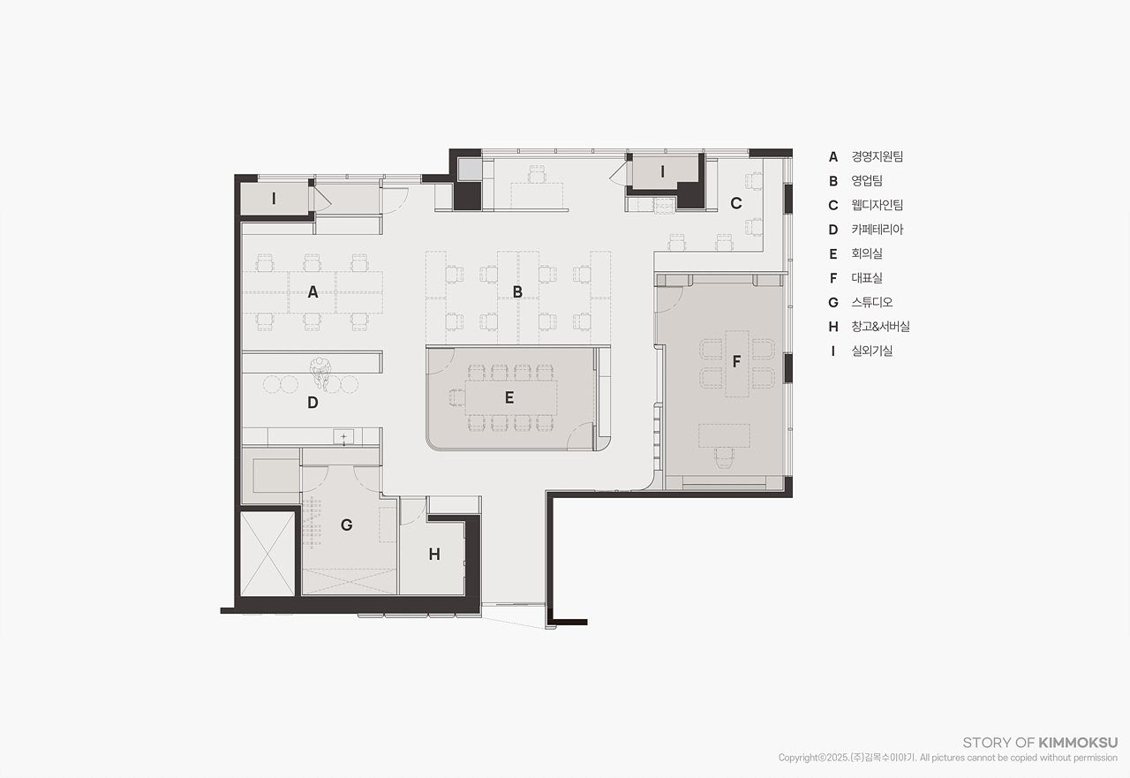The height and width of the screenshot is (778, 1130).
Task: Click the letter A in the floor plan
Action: [x=313, y=292]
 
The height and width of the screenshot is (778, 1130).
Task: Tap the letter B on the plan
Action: [x=517, y=292]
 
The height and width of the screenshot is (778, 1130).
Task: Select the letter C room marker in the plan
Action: [x=736, y=203]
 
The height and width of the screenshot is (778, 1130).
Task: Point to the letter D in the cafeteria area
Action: [x=313, y=403]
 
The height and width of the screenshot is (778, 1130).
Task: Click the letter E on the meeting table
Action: [x=509, y=397]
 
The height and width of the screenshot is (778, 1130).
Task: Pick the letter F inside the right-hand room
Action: [x=736, y=361]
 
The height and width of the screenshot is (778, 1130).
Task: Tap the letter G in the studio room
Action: [x=347, y=525]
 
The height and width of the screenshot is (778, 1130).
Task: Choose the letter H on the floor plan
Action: [x=434, y=555]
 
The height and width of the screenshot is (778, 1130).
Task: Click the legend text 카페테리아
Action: [x=878, y=230]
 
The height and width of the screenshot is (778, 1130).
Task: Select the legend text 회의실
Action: [x=867, y=253]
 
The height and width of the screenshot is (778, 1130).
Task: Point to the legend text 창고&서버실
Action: [x=881, y=327]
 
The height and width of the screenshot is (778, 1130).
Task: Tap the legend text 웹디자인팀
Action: [x=878, y=205]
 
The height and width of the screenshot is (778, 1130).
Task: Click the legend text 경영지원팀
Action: [x=878, y=156]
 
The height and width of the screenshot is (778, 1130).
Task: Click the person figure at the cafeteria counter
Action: [x=320, y=372]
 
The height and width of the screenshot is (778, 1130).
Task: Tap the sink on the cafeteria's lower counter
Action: [x=343, y=437]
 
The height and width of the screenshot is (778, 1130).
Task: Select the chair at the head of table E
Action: [x=457, y=397]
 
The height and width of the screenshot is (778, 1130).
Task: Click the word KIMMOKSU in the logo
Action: [x=1078, y=743]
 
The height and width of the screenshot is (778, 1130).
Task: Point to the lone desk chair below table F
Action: [x=724, y=458]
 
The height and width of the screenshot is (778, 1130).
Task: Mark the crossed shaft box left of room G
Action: [x=267, y=554]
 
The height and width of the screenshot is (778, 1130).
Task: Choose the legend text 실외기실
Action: [x=872, y=351]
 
